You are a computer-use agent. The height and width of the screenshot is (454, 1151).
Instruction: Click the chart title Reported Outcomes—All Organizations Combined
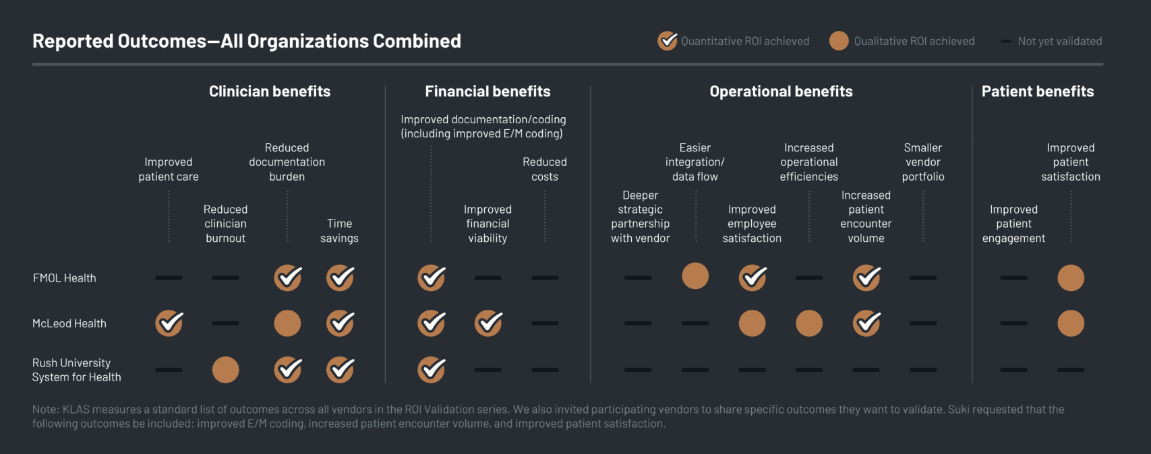tap(247, 41)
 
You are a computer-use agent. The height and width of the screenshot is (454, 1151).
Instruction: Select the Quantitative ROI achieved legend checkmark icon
tap(668, 41)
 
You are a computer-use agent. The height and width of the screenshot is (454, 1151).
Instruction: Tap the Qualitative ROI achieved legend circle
tap(839, 41)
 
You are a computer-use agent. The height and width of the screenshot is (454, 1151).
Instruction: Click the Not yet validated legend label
tap(1059, 41)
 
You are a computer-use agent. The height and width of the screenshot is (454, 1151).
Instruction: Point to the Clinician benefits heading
tap(270, 92)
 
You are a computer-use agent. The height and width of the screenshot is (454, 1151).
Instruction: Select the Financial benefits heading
tap(488, 92)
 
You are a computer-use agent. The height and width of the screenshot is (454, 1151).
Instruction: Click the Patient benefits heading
tap(1037, 92)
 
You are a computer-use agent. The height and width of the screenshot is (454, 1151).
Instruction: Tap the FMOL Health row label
tap(65, 278)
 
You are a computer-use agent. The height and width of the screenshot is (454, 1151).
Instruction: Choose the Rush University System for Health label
tap(76, 370)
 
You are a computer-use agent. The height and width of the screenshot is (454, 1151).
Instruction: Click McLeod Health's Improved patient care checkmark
tap(169, 323)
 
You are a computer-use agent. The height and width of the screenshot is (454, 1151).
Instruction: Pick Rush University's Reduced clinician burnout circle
tap(225, 370)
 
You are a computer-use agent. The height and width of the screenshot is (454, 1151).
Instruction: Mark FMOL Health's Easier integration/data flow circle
tap(695, 276)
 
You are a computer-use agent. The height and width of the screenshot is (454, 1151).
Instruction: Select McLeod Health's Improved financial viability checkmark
tap(488, 323)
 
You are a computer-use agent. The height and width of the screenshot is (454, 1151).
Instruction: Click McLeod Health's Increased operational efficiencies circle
tap(809, 323)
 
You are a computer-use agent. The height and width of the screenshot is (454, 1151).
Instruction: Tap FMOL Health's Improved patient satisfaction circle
tap(1071, 278)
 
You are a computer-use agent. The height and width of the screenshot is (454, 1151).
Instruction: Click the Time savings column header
tap(339, 230)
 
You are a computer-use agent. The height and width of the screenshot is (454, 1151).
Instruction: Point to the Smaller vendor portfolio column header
tap(923, 162)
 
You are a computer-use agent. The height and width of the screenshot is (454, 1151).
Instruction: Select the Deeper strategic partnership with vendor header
tap(640, 216)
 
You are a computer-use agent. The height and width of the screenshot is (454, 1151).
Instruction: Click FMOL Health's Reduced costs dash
tap(545, 278)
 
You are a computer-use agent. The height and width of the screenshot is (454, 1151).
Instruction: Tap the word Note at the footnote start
tap(45, 410)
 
